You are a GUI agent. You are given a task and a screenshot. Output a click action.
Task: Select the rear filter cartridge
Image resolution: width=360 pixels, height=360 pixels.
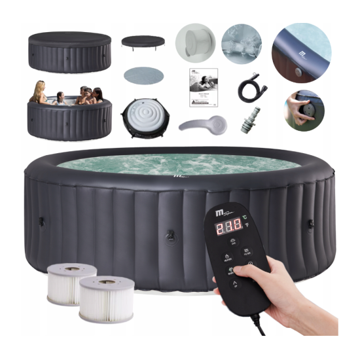click(x=71, y=281)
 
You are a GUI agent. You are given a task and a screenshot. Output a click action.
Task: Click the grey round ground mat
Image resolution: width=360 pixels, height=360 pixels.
click(x=142, y=77)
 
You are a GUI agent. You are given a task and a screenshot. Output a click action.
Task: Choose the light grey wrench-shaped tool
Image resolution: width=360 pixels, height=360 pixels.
click(x=202, y=124)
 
